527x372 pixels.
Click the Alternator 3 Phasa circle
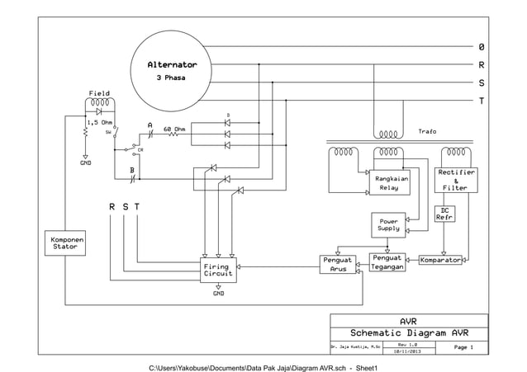tap(172, 70)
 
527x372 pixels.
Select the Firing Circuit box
tap(218, 270)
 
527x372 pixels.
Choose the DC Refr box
tap(444, 214)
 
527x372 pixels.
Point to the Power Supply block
tap(388, 224)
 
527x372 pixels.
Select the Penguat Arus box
tap(339, 264)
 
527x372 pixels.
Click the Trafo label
tap(427, 131)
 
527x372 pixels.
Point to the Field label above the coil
tap(98, 94)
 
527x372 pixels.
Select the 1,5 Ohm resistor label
tap(100, 121)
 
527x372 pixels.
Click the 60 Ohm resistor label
tap(174, 129)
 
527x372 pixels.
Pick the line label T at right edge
tap(481, 101)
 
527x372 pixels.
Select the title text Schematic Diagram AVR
tap(408, 333)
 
